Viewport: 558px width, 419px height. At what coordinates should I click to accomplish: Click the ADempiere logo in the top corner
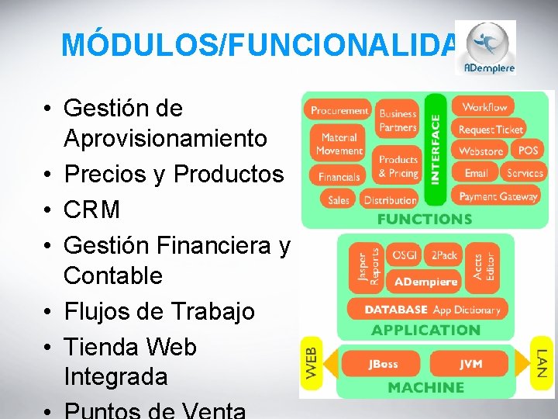[x=485, y=47]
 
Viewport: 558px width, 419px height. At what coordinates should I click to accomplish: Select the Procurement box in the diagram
[x=339, y=111]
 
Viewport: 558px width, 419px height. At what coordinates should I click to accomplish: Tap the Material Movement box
[x=339, y=144]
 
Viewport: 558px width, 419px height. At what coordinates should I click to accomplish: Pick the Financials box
[x=339, y=177]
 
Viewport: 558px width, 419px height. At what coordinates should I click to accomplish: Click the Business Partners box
[x=398, y=121]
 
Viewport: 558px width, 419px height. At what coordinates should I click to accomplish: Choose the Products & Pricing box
[x=398, y=166]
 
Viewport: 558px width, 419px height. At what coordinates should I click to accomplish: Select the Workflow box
[x=484, y=107]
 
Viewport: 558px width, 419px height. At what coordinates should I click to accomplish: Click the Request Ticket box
[x=491, y=130]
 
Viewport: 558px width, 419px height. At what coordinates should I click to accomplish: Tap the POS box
[x=528, y=151]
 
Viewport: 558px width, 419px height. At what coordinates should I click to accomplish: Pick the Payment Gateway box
[x=498, y=196]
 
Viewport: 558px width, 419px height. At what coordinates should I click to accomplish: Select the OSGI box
[x=404, y=255]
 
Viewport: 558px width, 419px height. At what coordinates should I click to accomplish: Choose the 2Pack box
[x=444, y=255]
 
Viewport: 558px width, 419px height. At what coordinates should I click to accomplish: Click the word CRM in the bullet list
[x=92, y=209]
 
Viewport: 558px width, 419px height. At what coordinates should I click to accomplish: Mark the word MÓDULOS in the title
[x=139, y=45]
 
